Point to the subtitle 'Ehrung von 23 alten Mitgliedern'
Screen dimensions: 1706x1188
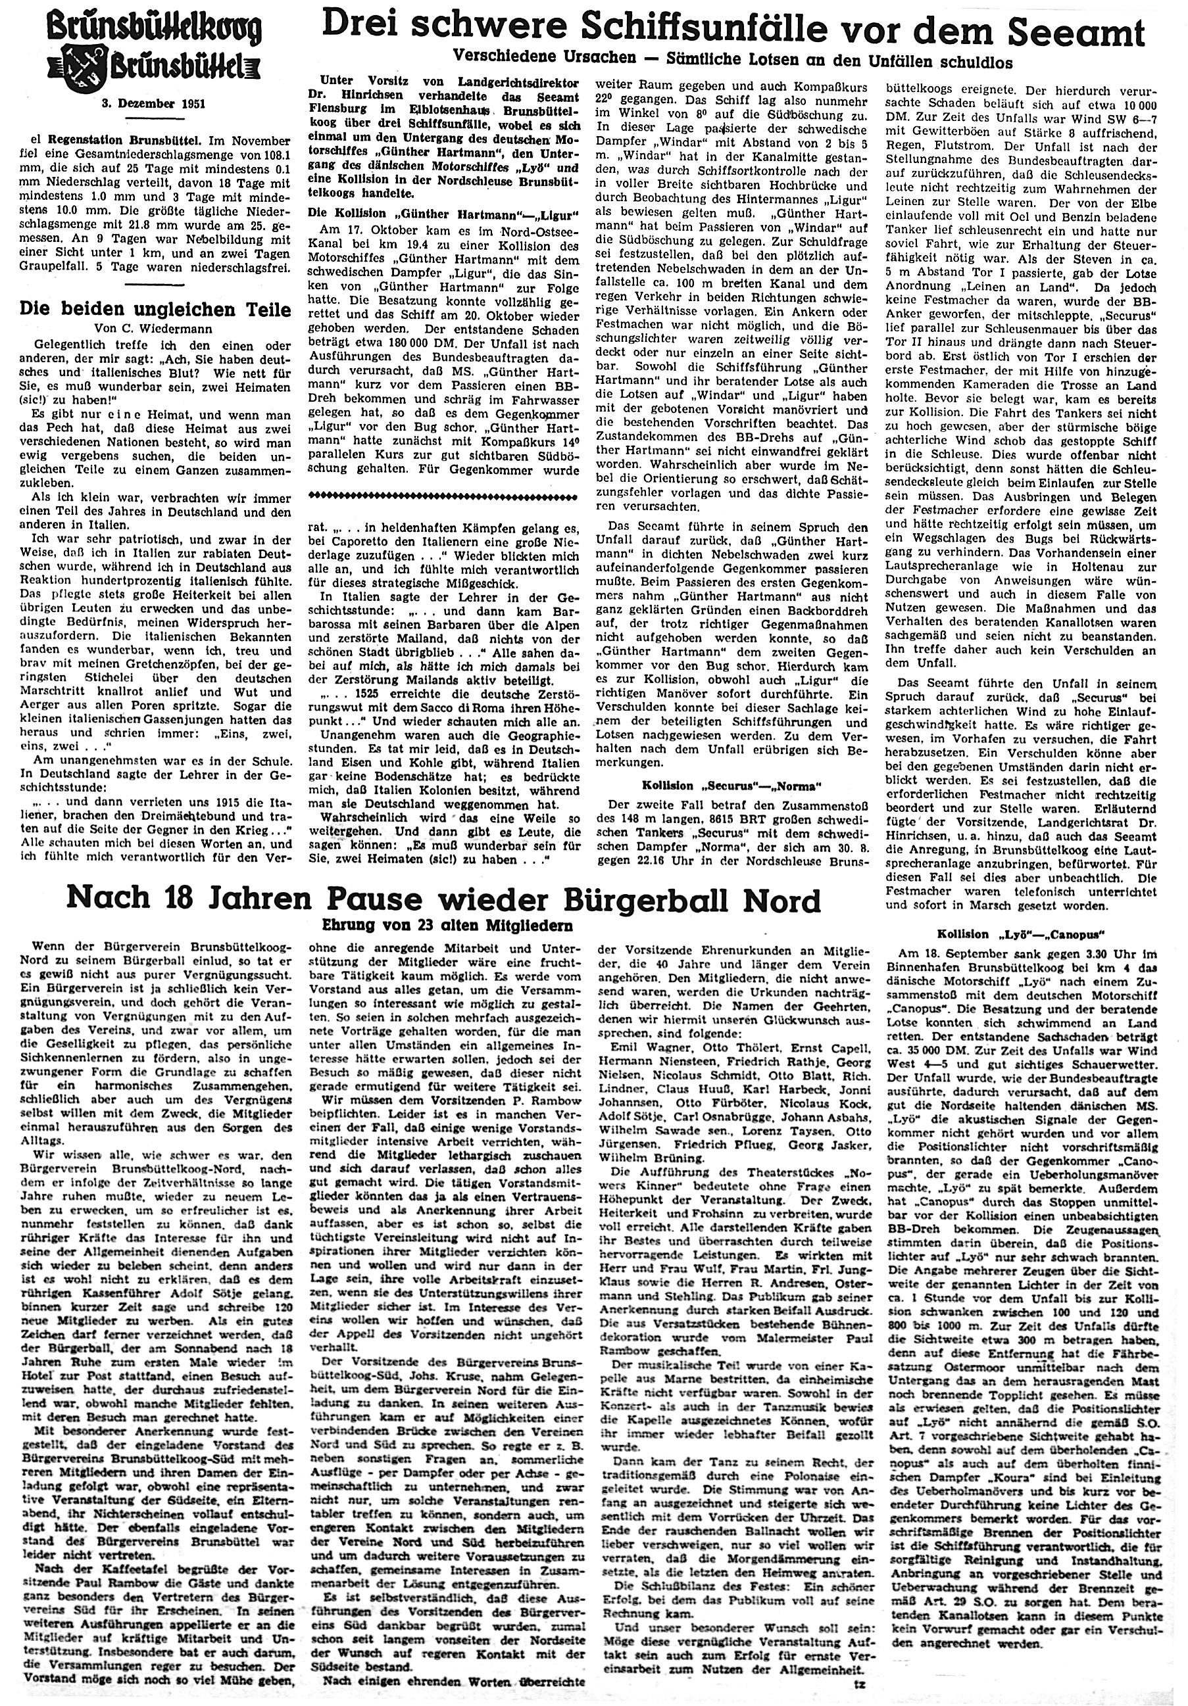pos(443,926)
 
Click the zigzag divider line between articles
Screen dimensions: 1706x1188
pos(444,493)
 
